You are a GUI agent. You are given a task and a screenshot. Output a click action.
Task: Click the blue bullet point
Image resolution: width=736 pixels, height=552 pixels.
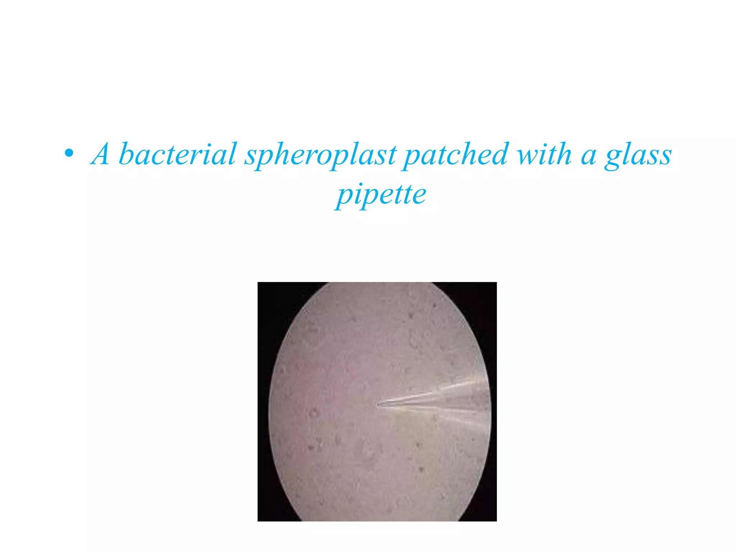(x=69, y=154)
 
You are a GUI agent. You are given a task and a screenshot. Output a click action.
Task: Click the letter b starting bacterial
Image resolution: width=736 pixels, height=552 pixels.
(x=126, y=154)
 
